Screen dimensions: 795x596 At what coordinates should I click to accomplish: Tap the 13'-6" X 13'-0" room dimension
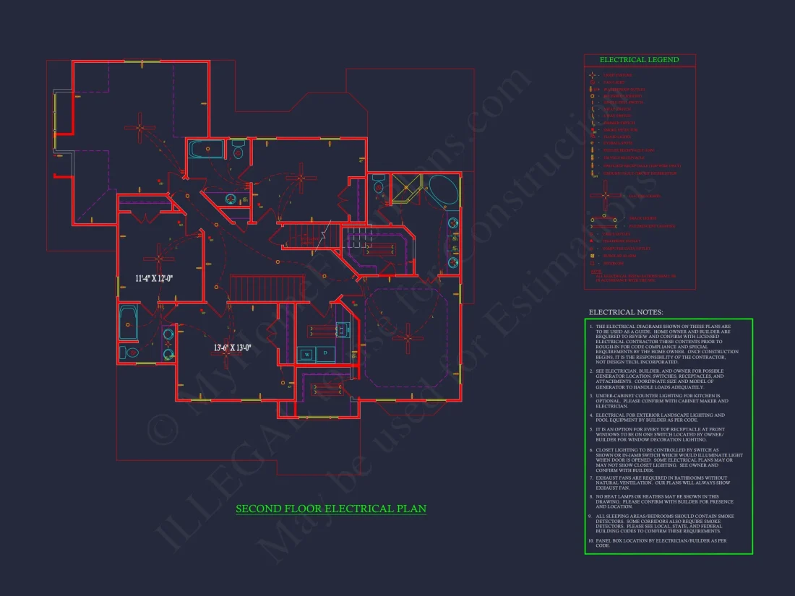click(x=232, y=347)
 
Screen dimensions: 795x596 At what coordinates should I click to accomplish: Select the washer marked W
click(x=306, y=355)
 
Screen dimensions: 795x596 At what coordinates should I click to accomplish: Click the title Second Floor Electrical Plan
click(x=331, y=509)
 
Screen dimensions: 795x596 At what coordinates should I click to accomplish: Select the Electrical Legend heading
click(x=639, y=60)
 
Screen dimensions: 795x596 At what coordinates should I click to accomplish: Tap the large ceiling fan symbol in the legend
click(x=606, y=195)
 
